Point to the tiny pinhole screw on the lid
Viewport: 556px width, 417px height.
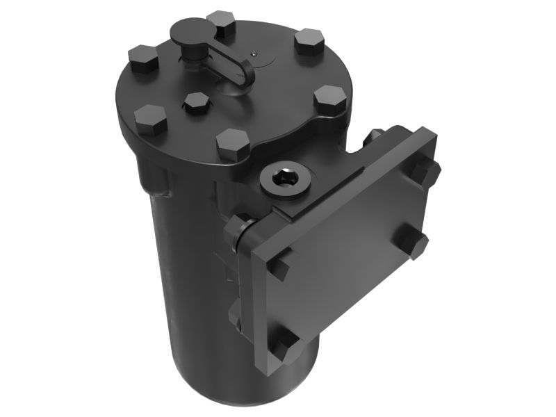coord(255,53)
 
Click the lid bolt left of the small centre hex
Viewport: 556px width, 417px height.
coord(151,120)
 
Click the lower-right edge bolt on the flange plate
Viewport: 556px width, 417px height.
coord(414,243)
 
